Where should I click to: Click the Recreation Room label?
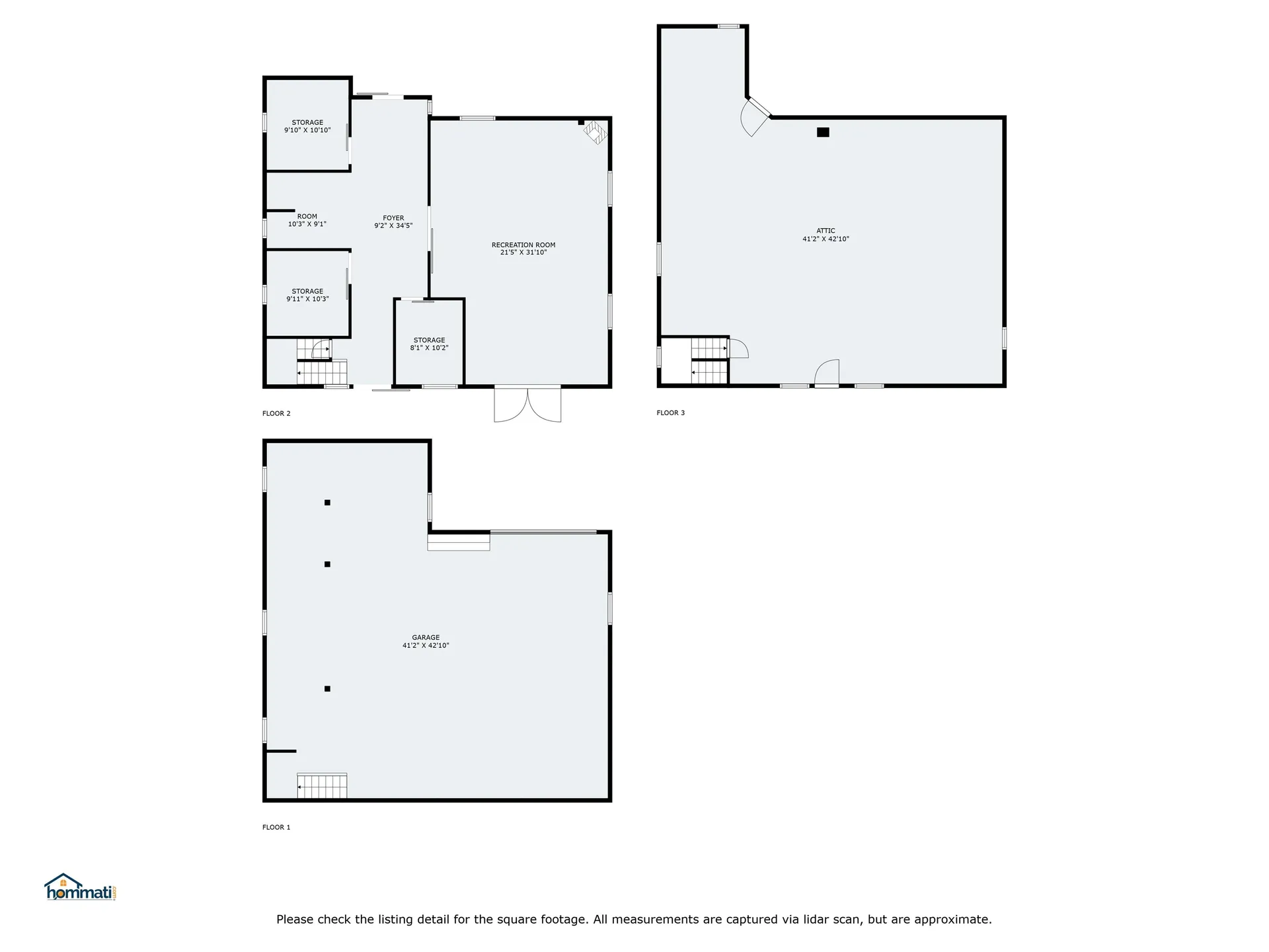point(523,245)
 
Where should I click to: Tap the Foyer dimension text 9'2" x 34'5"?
point(393,226)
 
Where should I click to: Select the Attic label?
point(826,231)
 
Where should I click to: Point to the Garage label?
point(426,637)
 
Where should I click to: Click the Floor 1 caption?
point(276,827)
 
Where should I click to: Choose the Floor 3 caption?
point(670,413)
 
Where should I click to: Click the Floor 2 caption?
point(276,414)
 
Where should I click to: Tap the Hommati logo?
point(80,888)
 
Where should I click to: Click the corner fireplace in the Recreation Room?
point(595,132)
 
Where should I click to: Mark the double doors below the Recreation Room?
point(527,404)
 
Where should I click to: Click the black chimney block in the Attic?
point(823,132)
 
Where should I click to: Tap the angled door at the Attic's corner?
point(755,117)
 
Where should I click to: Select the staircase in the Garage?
point(322,786)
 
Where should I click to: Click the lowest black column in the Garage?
point(327,689)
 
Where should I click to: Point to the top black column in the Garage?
point(327,502)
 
